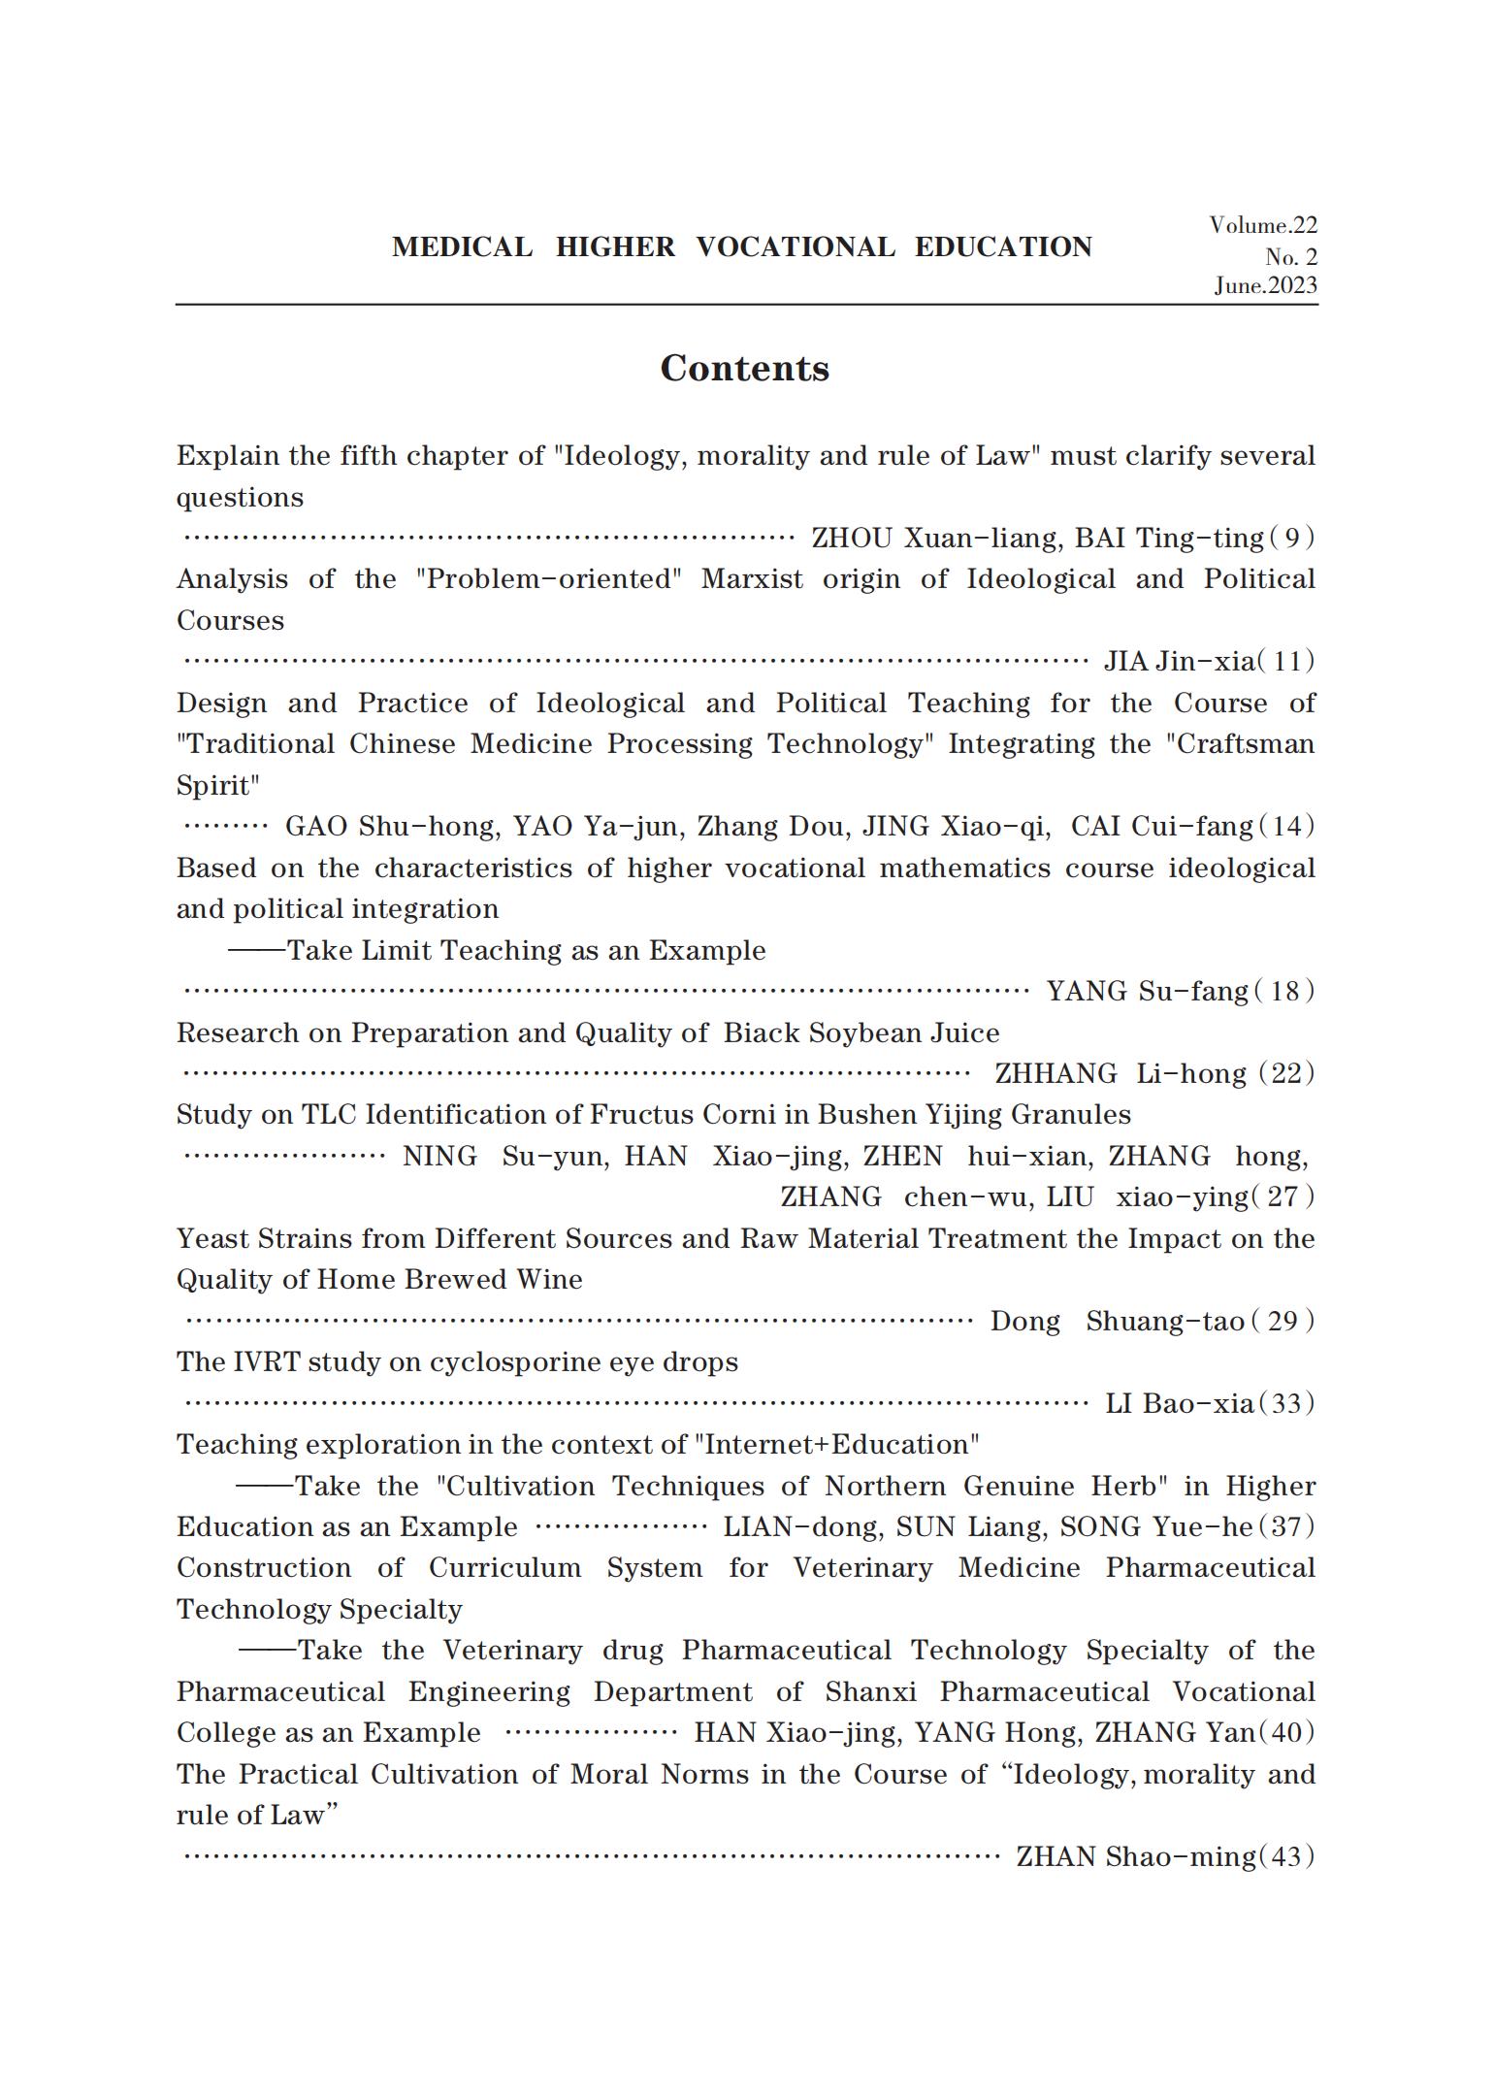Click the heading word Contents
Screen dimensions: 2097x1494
tap(744, 369)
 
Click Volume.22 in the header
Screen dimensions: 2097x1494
tap(1262, 226)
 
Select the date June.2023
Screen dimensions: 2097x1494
tap(1265, 285)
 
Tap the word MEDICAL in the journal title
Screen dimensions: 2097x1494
tap(462, 247)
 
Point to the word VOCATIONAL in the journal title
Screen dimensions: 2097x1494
tap(796, 247)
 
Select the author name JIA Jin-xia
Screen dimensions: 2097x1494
tap(1179, 662)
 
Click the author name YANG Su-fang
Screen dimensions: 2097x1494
tap(1147, 992)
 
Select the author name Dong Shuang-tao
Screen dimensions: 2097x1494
tap(1117, 1322)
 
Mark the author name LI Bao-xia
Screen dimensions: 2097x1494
tap(1179, 1404)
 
